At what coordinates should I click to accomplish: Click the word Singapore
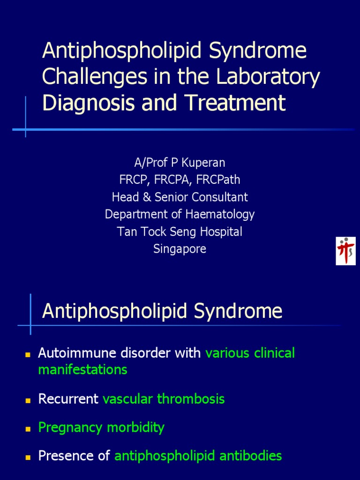coord(180,249)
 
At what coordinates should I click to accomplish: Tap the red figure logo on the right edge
coord(345,251)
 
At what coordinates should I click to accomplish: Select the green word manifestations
coord(82,370)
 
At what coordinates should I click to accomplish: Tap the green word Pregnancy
coord(70,427)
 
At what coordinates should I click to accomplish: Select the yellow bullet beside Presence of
coord(28,457)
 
